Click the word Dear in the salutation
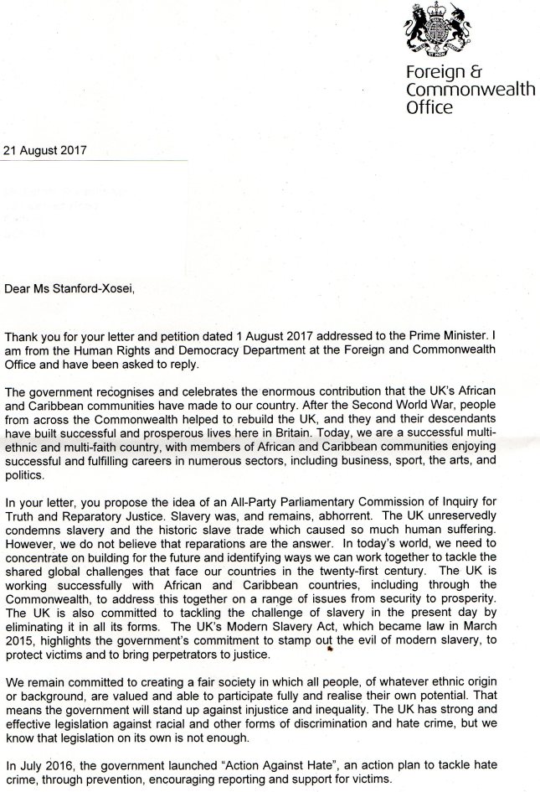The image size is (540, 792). coord(17,290)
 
